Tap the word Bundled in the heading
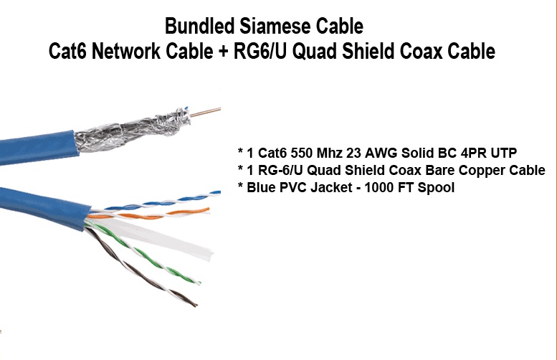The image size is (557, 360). (x=192, y=27)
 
